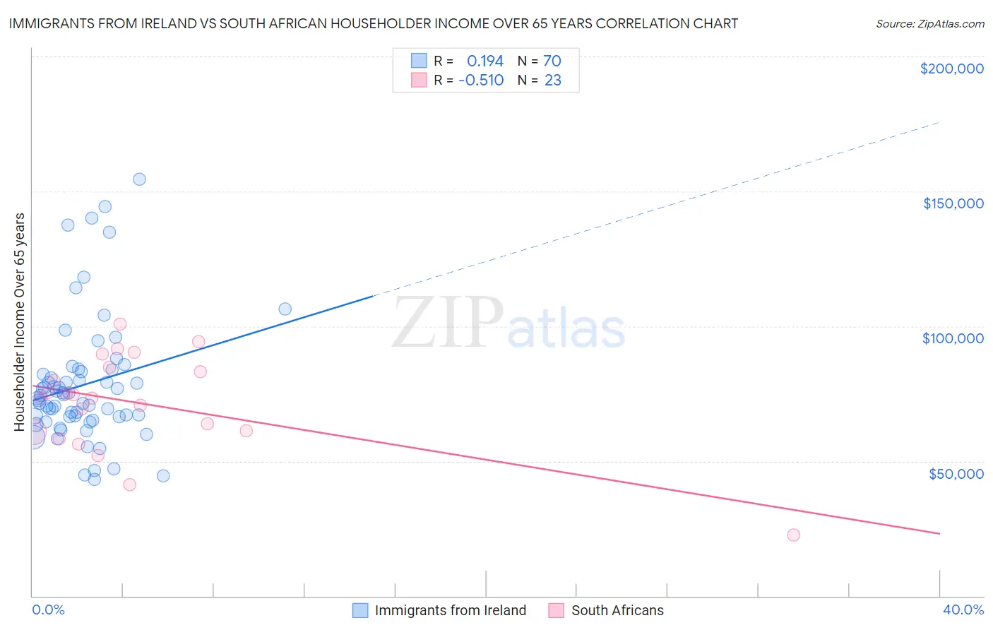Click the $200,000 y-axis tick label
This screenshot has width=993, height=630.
click(951, 69)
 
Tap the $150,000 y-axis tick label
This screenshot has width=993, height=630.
click(953, 203)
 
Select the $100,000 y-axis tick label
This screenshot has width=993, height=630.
click(953, 338)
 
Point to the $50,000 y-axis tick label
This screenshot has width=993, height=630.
click(956, 473)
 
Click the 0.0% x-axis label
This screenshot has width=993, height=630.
click(48, 610)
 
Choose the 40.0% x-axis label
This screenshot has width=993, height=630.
click(963, 610)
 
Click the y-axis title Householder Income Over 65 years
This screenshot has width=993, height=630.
click(19, 321)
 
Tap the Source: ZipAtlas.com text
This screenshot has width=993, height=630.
click(929, 23)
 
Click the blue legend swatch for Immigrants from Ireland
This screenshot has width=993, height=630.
click(360, 610)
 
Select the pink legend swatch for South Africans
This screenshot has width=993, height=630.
click(557, 610)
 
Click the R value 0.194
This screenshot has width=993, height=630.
click(484, 61)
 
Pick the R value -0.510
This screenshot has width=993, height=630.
click(481, 80)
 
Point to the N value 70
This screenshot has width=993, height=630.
click(552, 61)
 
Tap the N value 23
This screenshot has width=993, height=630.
click(553, 80)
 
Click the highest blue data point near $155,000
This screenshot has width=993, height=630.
click(139, 179)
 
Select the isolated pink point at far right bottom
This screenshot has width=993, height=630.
click(793, 535)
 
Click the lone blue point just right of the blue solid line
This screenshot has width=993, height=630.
click(285, 309)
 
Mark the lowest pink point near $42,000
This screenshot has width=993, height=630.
click(129, 485)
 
